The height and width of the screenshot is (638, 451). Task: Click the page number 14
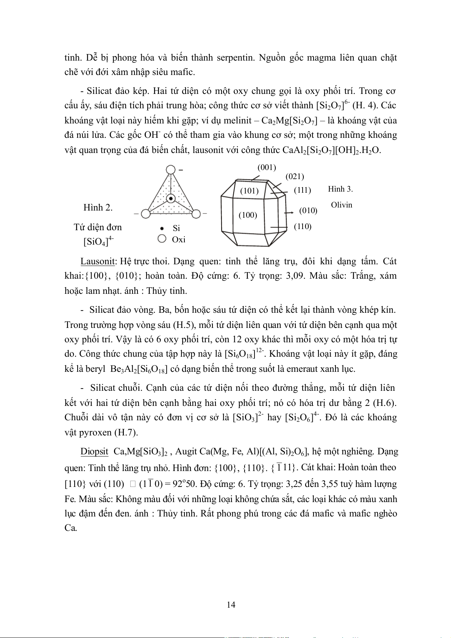click(x=231, y=605)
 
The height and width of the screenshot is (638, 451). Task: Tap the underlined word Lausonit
click(x=97, y=261)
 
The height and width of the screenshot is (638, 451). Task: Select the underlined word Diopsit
click(x=94, y=451)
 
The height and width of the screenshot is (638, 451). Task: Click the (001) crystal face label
click(x=267, y=167)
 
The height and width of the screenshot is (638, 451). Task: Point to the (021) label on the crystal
click(x=295, y=176)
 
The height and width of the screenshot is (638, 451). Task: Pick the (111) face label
click(x=302, y=190)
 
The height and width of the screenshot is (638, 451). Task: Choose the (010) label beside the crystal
click(x=308, y=211)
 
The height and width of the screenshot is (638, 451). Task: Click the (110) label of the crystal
click(x=302, y=226)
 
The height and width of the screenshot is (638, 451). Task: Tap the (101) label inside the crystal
click(x=249, y=191)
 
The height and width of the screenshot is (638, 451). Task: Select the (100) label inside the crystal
click(x=248, y=215)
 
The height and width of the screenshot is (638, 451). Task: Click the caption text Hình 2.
click(x=98, y=207)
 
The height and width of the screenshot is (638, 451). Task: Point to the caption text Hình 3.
click(x=340, y=189)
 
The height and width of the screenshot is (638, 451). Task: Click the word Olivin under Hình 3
click(x=341, y=205)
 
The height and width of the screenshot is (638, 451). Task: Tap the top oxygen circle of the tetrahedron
click(x=171, y=169)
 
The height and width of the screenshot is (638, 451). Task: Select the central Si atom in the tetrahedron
click(x=171, y=198)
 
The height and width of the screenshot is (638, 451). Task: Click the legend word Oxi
click(x=178, y=239)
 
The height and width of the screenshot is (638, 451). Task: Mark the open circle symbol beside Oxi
click(x=162, y=239)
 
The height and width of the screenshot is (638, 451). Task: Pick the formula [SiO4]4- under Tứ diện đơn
click(x=98, y=241)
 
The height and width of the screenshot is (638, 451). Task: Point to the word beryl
click(x=95, y=369)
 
